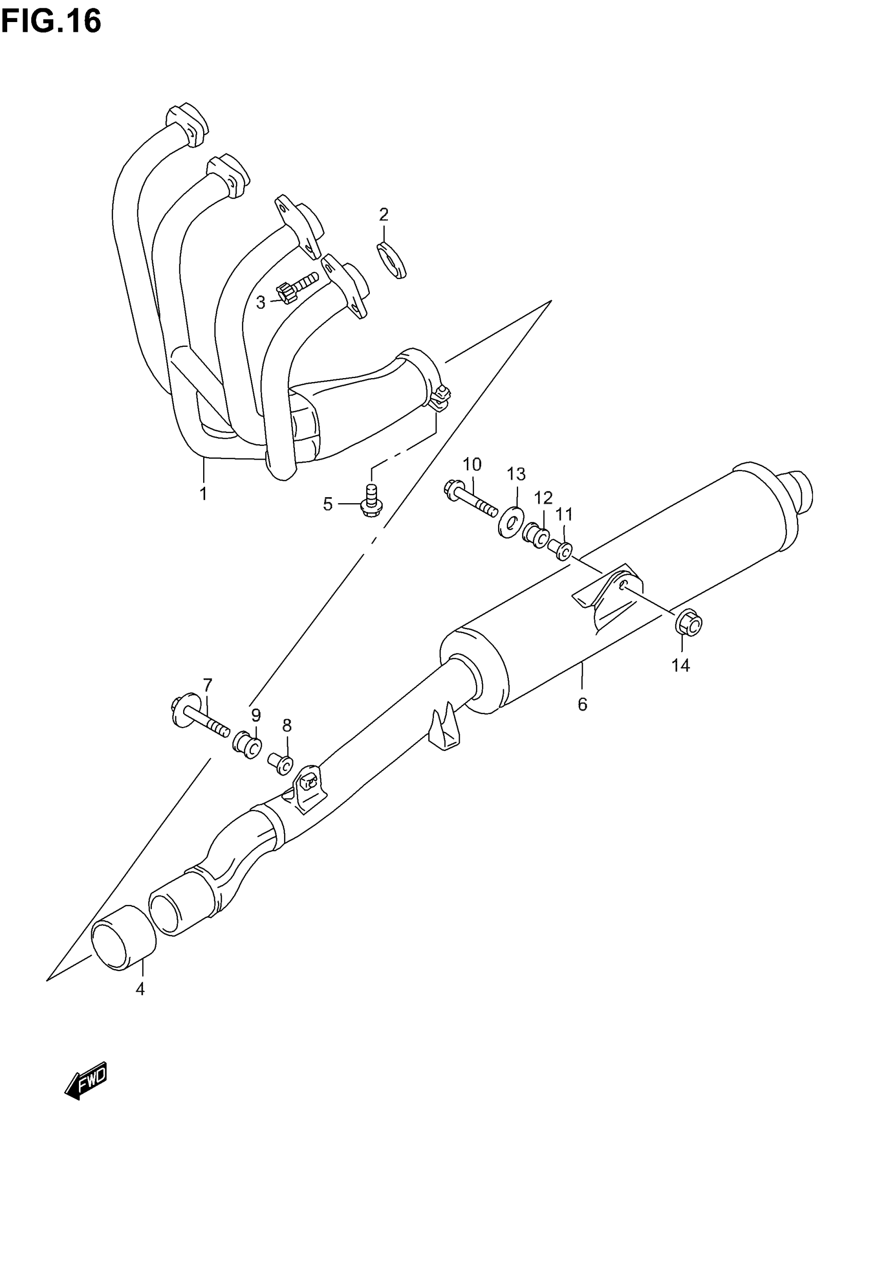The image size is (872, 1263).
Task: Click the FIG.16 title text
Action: click(51, 22)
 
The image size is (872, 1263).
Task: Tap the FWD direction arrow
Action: click(86, 1081)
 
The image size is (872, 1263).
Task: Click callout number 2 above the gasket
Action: click(384, 214)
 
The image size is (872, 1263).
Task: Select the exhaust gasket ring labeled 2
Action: click(392, 261)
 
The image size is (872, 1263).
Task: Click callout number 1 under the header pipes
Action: click(203, 494)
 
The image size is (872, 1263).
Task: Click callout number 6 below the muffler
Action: click(582, 705)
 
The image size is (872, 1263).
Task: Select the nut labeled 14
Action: click(689, 624)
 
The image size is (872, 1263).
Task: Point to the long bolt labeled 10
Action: click(470, 499)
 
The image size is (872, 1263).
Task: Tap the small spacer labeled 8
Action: click(281, 763)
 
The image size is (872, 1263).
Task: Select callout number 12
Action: click(543, 498)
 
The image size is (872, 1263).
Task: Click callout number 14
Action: click(681, 665)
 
